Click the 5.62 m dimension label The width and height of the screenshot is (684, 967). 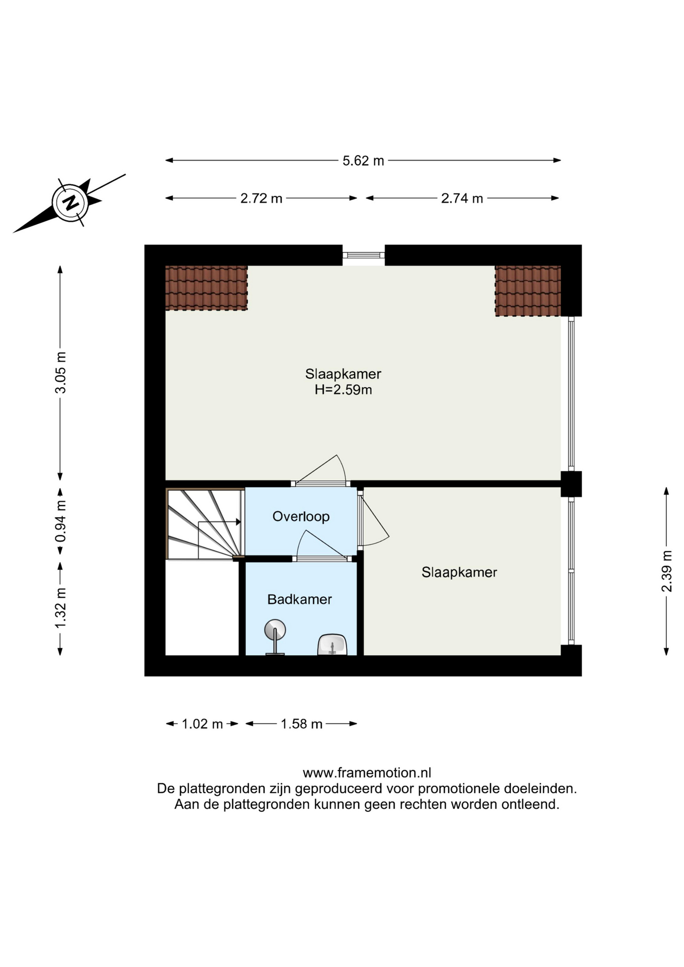click(363, 161)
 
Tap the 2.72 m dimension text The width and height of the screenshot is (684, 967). click(261, 198)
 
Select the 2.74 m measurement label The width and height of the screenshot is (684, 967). click(462, 198)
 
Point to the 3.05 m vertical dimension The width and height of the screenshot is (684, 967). click(60, 373)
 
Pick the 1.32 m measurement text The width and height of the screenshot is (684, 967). click(60, 608)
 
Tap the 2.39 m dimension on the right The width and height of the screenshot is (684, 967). click(666, 572)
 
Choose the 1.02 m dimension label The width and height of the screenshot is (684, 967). click(202, 724)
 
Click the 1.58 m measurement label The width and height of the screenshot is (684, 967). click(301, 724)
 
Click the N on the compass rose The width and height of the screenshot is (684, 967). click(71, 202)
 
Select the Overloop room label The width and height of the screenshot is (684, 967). click(301, 516)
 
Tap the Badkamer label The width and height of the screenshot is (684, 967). click(300, 599)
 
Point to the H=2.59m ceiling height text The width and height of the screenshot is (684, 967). click(343, 389)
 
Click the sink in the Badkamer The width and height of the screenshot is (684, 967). click(332, 645)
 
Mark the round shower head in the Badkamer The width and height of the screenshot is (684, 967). click(275, 630)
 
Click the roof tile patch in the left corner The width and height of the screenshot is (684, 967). click(207, 288)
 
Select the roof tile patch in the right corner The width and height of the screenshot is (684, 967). click(528, 291)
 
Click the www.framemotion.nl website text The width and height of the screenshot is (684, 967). click(367, 773)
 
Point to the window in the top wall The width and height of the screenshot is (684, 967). click(364, 255)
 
